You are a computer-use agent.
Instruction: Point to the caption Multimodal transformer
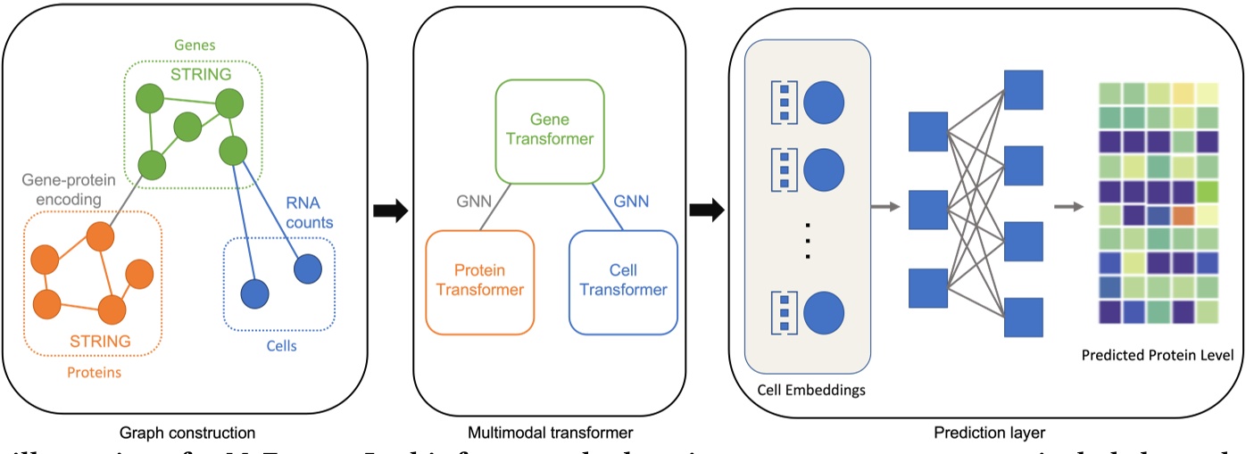click(x=549, y=433)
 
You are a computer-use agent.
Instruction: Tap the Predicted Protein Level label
click(x=1157, y=355)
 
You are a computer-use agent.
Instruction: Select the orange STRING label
click(x=98, y=341)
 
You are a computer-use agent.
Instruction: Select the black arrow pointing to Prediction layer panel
click(x=707, y=211)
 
